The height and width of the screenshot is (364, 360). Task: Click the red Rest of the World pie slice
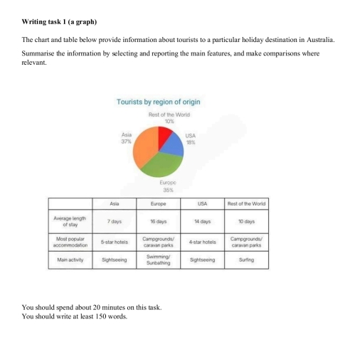tap(166, 134)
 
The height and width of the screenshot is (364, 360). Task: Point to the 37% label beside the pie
tap(127, 139)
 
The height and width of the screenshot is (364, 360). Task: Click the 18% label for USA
tap(191, 142)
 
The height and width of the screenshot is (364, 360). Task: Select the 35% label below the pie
tap(169, 190)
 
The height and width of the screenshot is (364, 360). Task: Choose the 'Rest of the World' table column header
tap(246, 203)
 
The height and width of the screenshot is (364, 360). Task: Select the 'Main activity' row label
tap(70, 260)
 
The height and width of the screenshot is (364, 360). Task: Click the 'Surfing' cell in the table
tap(246, 260)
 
